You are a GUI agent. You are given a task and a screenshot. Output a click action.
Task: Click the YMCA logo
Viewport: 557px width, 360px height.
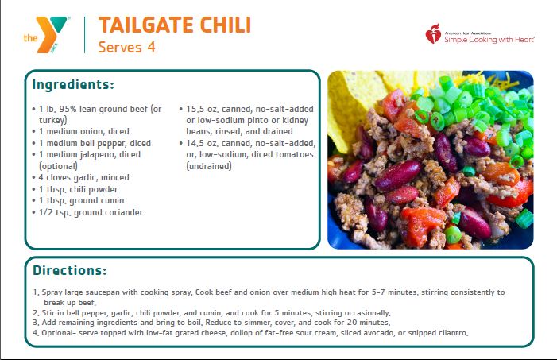(x=46, y=34)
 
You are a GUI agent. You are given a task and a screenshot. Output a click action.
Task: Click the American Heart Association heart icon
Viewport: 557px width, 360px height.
(x=433, y=34)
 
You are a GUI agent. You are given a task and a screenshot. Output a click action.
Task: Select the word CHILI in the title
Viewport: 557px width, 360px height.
(x=226, y=25)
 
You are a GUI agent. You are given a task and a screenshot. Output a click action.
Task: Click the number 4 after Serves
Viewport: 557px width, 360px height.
(x=152, y=47)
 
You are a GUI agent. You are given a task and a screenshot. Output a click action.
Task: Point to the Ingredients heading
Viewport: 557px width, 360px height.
(x=73, y=85)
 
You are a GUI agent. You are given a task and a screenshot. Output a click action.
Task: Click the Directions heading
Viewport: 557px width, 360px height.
(x=70, y=270)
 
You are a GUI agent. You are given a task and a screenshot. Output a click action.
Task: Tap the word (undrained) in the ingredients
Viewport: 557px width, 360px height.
(x=209, y=166)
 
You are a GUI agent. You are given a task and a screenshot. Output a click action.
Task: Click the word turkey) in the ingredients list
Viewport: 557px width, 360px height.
(x=53, y=121)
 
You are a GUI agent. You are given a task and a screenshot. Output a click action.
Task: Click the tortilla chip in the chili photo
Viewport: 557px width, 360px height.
(x=355, y=103)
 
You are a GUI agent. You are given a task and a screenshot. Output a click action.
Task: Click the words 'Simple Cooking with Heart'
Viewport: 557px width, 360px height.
(x=489, y=40)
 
